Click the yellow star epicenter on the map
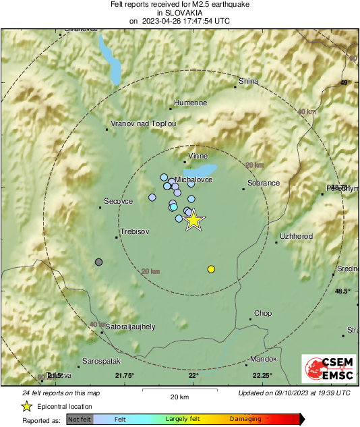(x=193, y=220)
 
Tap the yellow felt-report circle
(x=211, y=269)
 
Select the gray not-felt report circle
(x=99, y=262)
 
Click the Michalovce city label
(x=193, y=180)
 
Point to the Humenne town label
(x=190, y=103)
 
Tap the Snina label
(x=248, y=82)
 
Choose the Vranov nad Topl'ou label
(x=143, y=124)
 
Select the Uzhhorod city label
(x=296, y=237)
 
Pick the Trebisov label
(x=134, y=231)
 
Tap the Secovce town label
(x=119, y=201)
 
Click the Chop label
(x=262, y=314)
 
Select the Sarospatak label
(x=100, y=361)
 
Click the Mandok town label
(x=263, y=359)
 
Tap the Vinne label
(x=198, y=156)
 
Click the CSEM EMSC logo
(x=328, y=370)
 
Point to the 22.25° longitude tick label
(x=262, y=376)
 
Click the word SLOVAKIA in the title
(x=179, y=12)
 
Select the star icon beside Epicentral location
(x=26, y=406)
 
